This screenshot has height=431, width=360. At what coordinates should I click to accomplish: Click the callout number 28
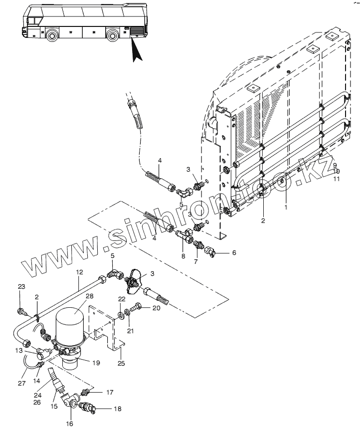click(90, 296)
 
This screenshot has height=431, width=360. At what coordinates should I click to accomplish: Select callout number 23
click(21, 286)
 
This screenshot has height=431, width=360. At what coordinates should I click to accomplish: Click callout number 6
click(234, 252)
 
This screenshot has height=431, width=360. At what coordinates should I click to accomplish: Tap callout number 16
click(69, 424)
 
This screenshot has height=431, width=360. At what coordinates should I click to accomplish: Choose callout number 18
click(117, 409)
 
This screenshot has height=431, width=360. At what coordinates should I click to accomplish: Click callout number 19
click(96, 363)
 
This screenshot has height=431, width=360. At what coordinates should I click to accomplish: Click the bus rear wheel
click(113, 35)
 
